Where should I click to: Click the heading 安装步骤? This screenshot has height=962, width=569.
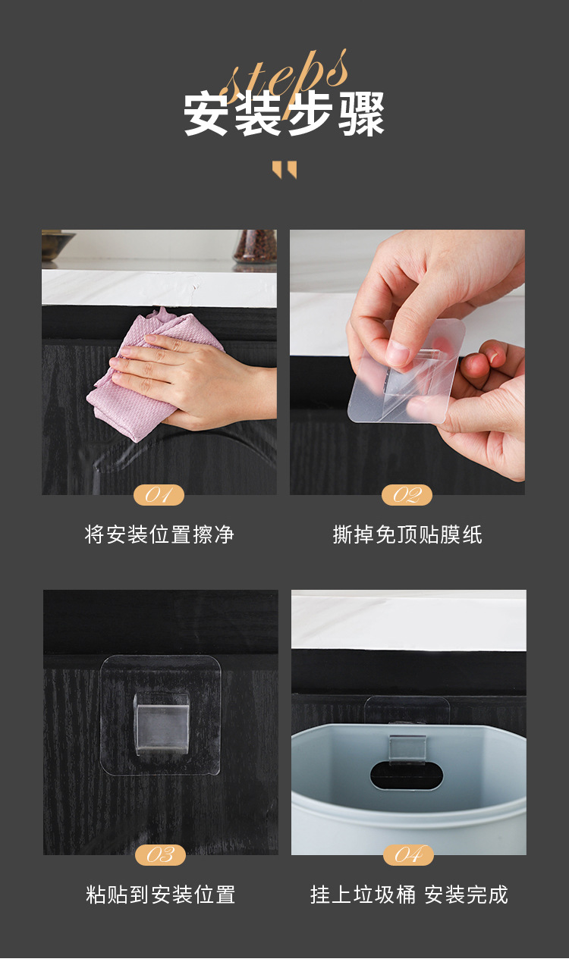pos(284,114)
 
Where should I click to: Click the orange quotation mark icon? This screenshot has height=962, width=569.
pos(284,169)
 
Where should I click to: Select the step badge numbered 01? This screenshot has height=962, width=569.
pos(159,495)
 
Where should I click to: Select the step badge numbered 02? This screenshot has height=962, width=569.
pos(407,495)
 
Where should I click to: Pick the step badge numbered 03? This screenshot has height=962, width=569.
pos(160,854)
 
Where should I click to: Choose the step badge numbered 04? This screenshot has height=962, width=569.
pos(408,854)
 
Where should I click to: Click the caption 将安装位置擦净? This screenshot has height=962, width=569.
pos(159,535)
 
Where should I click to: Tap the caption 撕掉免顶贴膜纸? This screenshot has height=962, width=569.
pos(407,535)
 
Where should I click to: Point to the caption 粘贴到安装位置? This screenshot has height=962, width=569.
pos(160,895)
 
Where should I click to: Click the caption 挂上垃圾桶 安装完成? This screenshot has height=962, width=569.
pos(409,895)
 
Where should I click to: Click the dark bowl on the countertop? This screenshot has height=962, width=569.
pos(57,244)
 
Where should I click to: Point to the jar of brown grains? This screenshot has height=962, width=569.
pos(256,247)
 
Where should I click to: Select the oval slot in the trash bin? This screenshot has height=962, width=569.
pos(407,776)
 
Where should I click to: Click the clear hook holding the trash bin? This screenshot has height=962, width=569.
pos(407,747)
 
